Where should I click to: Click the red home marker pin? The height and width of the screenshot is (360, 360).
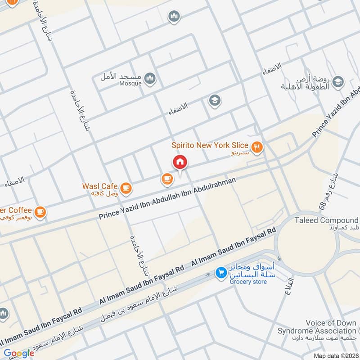(x=180, y=163)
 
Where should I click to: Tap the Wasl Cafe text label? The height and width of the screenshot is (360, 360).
(x=99, y=186)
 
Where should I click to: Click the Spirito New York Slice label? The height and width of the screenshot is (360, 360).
(x=210, y=145)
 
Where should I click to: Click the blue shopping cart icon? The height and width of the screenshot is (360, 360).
(x=220, y=273)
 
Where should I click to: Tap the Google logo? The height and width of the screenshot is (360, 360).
(x=19, y=353)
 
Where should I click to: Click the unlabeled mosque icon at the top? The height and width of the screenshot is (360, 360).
(x=174, y=17)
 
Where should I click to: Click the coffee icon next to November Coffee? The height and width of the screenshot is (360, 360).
(x=40, y=211)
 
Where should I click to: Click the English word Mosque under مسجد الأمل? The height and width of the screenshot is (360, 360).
(x=130, y=83)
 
